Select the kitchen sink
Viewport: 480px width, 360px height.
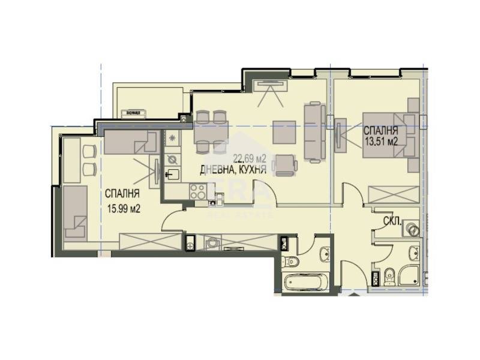click(x=173, y=175)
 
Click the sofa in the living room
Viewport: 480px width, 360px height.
click(x=314, y=131)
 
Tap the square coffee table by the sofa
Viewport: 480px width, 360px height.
click(x=284, y=132)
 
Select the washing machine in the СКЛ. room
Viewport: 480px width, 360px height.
click(x=412, y=229)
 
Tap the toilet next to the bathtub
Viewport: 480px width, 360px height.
click(x=290, y=261)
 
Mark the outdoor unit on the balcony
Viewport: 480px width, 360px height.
click(x=133, y=112)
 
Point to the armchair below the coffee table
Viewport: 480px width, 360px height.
click(x=286, y=164)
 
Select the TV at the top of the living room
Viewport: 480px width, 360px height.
click(x=270, y=85)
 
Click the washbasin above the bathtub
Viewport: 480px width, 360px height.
click(x=325, y=254)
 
